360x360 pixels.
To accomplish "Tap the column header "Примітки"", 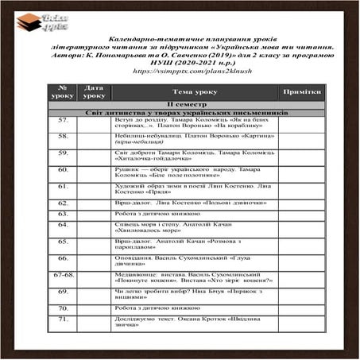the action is [302, 91].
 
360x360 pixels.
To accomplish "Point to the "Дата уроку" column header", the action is [94, 91].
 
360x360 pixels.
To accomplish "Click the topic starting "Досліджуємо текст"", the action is [192, 323].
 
